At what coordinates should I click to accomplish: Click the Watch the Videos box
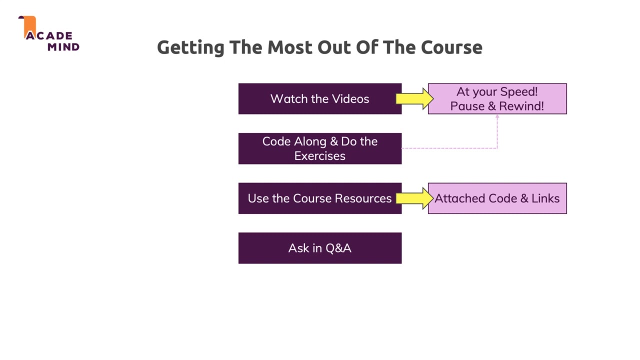tap(319, 98)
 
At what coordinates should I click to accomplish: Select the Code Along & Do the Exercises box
tap(319, 148)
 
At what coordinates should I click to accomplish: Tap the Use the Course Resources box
tap(319, 198)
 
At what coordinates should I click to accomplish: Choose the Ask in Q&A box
tap(319, 248)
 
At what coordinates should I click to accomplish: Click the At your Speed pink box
tap(497, 98)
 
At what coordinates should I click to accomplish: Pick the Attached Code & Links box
tap(497, 198)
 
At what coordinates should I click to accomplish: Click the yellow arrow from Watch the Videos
tap(414, 98)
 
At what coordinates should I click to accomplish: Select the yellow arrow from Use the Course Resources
tap(414, 198)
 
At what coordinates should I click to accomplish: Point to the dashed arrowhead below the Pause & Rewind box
tap(497, 117)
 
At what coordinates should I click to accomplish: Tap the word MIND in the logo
tap(63, 47)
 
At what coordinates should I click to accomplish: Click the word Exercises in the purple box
tap(319, 156)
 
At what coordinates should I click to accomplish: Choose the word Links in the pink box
tap(545, 198)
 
